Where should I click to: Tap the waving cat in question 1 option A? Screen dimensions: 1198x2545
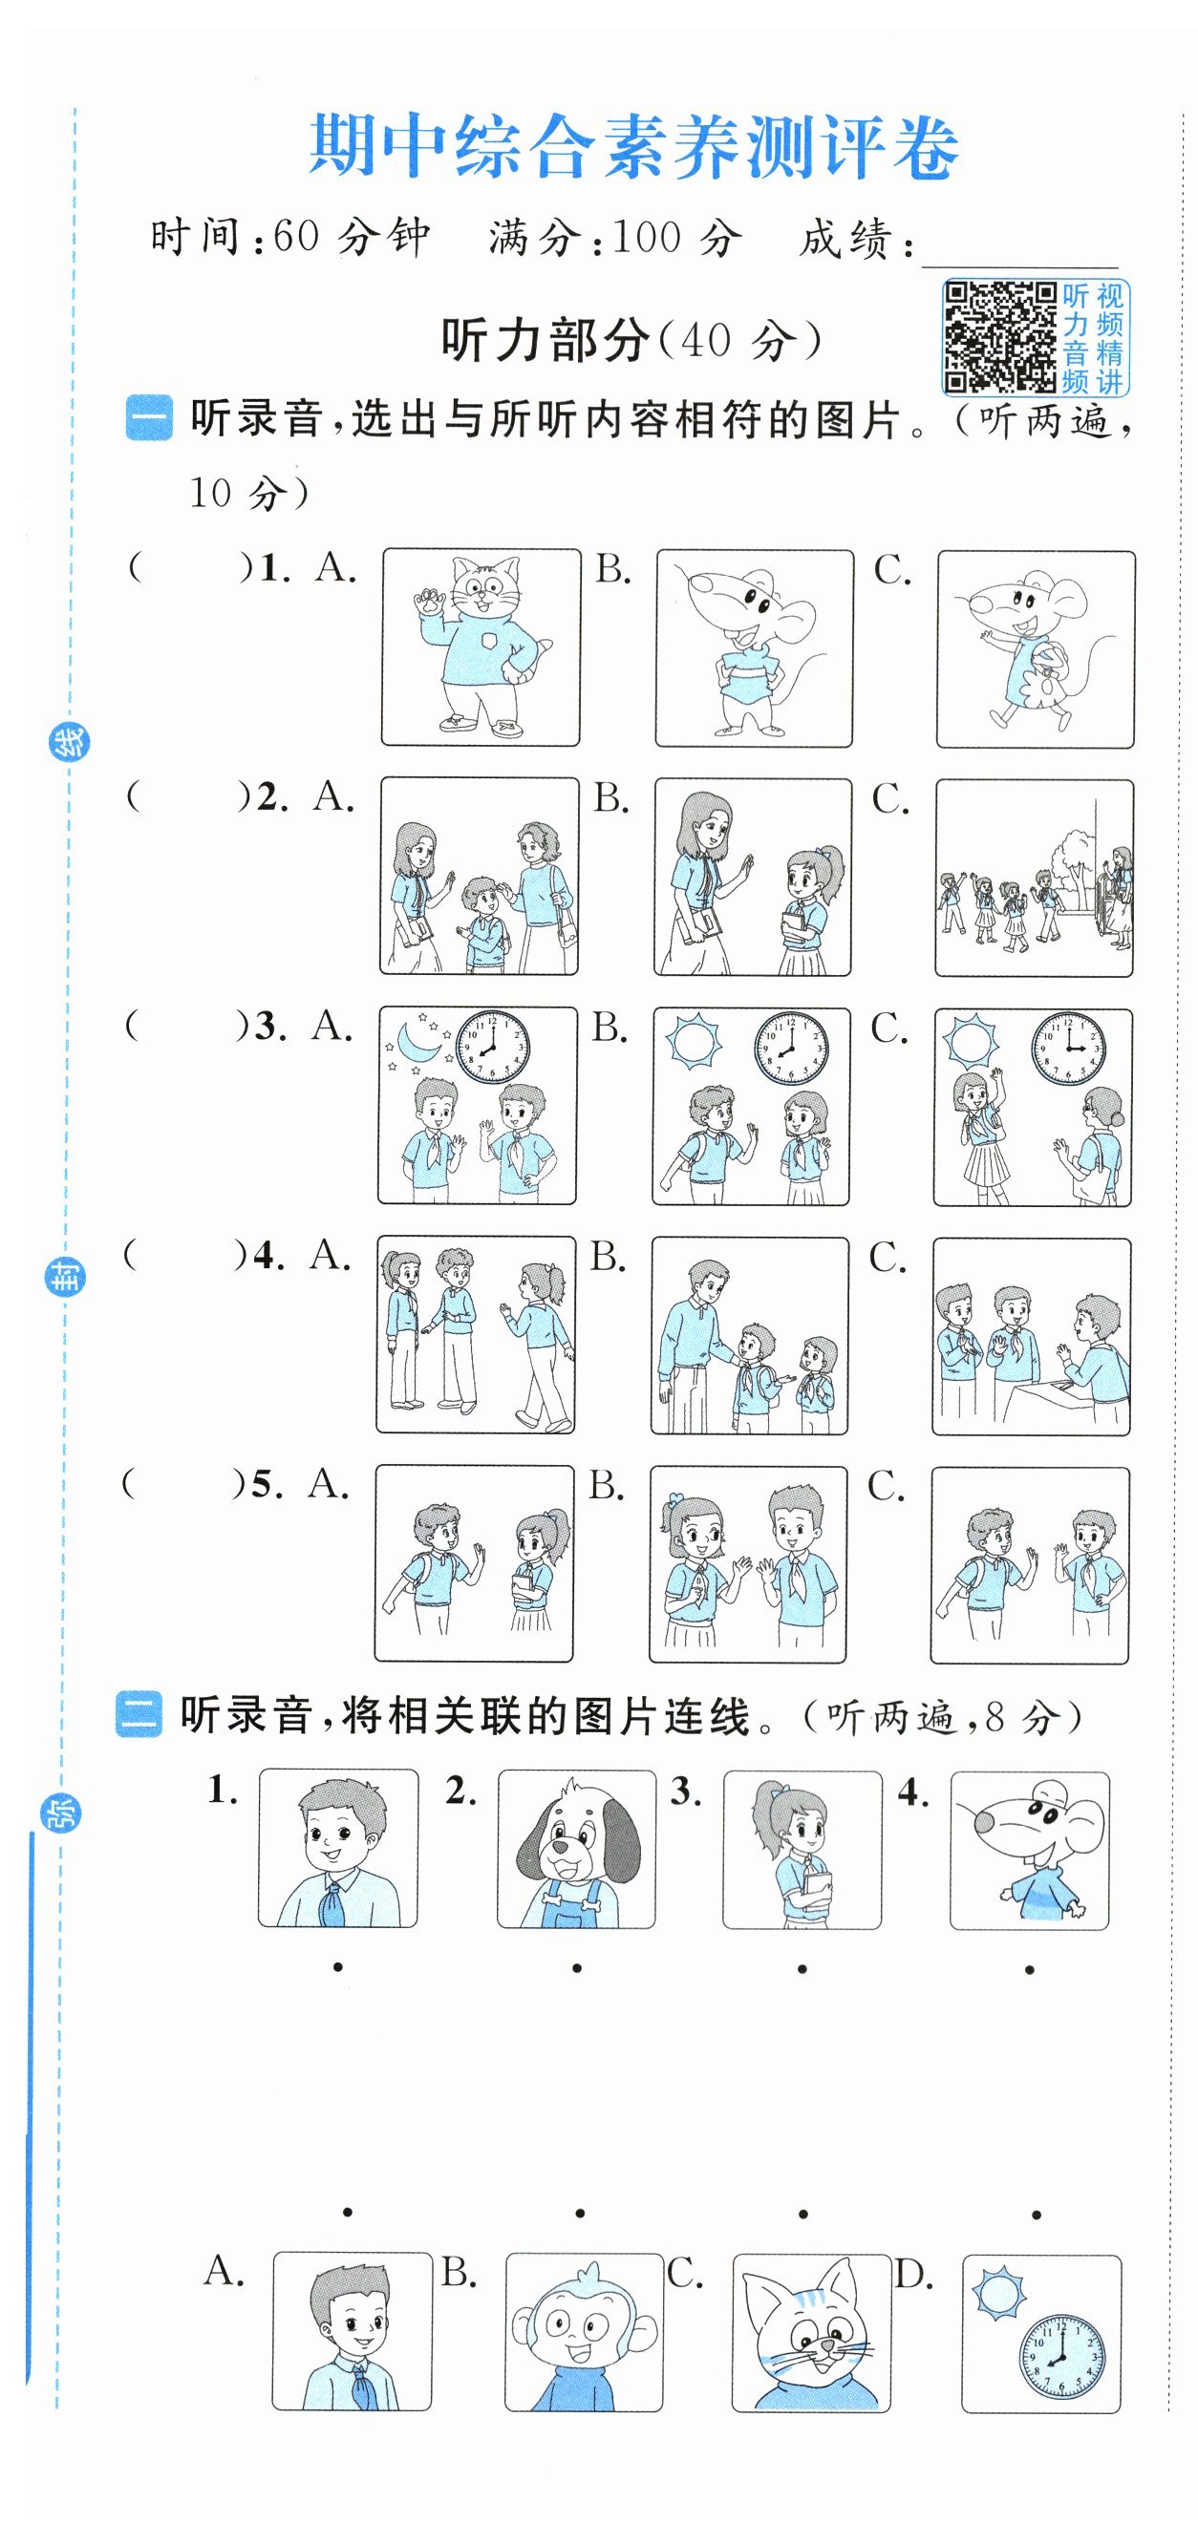(481, 647)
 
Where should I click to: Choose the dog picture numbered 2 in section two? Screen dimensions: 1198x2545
(576, 1849)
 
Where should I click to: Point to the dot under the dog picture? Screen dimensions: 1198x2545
(576, 1968)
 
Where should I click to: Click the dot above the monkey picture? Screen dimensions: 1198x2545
(580, 2214)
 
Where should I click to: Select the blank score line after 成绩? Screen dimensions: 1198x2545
(1019, 265)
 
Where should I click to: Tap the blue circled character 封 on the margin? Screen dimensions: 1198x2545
(65, 1278)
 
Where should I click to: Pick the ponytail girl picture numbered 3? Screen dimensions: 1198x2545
(802, 1850)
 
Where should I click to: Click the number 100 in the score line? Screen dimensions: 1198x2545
(647, 237)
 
